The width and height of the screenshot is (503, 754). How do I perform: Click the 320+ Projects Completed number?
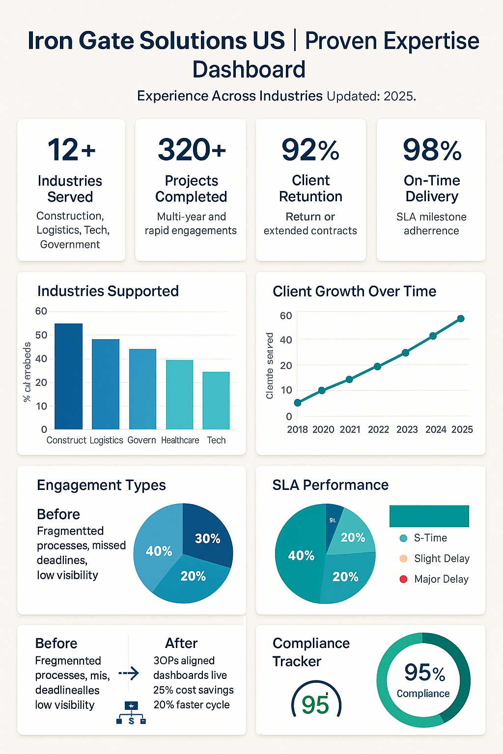pyautogui.click(x=192, y=150)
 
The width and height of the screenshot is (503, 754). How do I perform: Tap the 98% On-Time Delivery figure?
pyautogui.click(x=432, y=150)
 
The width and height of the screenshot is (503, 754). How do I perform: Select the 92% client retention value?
pyautogui.click(x=310, y=150)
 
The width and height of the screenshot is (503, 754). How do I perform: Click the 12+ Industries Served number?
pyautogui.click(x=71, y=150)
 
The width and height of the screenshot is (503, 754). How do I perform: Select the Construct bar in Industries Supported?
pyautogui.click(x=68, y=376)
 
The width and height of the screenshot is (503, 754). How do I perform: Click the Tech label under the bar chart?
pyautogui.click(x=216, y=440)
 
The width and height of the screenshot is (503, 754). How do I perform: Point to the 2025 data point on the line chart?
pyautogui.click(x=461, y=319)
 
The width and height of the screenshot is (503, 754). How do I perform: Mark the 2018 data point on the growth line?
pyautogui.click(x=298, y=403)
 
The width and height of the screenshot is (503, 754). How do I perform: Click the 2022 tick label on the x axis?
pyautogui.click(x=378, y=430)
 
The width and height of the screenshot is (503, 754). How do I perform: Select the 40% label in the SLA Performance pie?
pyautogui.click(x=301, y=555)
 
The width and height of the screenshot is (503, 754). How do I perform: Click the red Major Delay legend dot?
pyautogui.click(x=404, y=579)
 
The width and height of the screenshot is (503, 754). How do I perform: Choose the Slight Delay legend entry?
pyautogui.click(x=441, y=559)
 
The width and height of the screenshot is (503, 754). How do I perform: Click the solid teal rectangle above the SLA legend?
pyautogui.click(x=429, y=516)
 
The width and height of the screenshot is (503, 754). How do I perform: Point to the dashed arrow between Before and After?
pyautogui.click(x=129, y=673)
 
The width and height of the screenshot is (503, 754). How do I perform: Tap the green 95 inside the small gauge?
pyautogui.click(x=315, y=705)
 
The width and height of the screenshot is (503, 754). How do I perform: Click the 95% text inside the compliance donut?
pyautogui.click(x=424, y=673)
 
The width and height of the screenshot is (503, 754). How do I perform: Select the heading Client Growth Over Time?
pyautogui.click(x=354, y=291)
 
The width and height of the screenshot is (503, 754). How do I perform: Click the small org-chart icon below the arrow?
pyautogui.click(x=131, y=713)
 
